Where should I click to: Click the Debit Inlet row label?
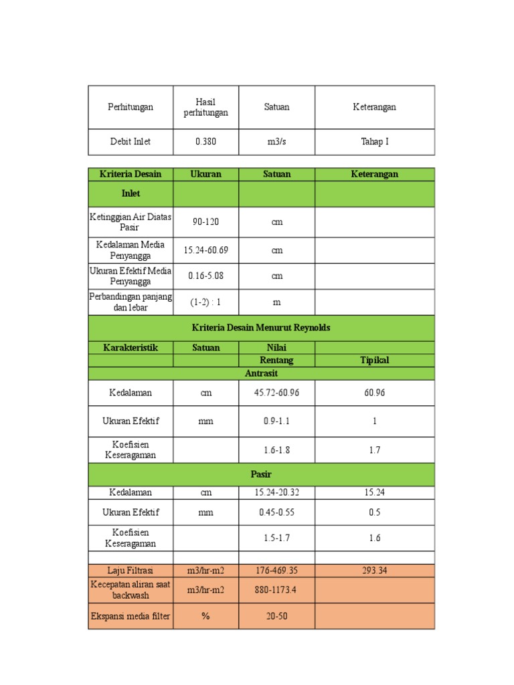131,142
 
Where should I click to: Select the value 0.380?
205,142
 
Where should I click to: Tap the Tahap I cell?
375,142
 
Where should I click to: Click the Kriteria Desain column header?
131,174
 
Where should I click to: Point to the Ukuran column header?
205,174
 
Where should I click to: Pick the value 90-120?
205,222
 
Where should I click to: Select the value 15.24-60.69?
205,250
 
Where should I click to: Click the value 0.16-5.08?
205,276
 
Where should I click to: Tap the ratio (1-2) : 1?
205,302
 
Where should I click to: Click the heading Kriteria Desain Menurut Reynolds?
261,328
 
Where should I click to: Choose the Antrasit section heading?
261,373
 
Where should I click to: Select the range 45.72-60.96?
276,393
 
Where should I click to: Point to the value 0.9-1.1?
276,421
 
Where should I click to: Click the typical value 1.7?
375,450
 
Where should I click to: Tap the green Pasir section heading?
261,474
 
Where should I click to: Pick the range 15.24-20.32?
276,492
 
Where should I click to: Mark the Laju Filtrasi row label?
131,571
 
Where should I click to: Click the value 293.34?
375,571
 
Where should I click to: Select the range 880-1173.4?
276,590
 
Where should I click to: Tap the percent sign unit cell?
205,616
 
